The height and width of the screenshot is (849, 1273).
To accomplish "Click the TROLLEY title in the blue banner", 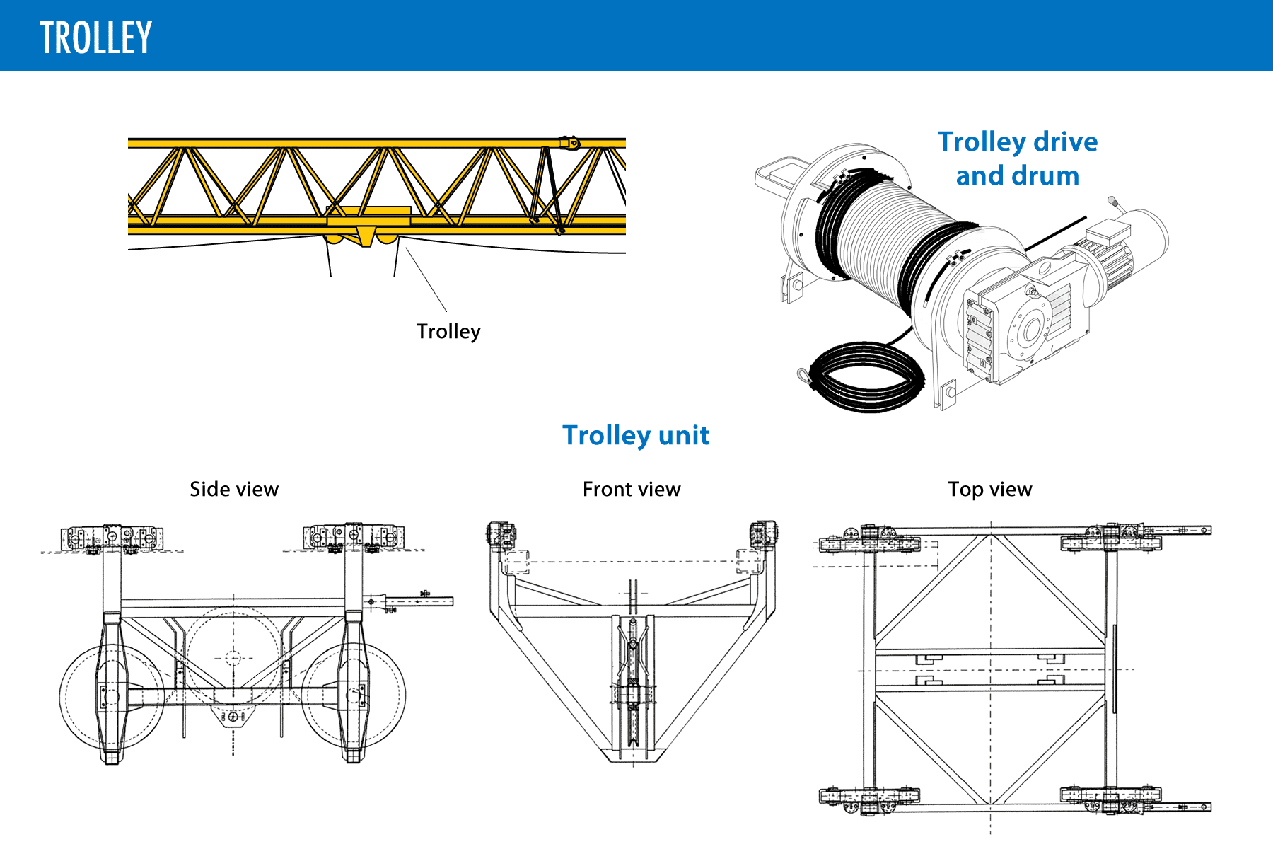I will [x=95, y=37].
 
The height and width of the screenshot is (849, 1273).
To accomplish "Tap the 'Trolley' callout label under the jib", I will [x=448, y=331].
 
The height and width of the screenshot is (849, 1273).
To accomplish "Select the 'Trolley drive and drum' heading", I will [x=1017, y=158].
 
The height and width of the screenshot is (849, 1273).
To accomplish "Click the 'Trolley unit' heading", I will [x=635, y=435].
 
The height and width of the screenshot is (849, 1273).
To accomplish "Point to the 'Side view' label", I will [x=234, y=489].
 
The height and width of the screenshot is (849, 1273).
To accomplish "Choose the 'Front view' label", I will [x=631, y=489].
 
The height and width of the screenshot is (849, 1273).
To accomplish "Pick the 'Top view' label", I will [x=989, y=489].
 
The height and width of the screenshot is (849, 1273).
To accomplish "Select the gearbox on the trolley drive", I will [x=1018, y=325].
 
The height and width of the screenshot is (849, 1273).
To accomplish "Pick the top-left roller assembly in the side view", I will [x=111, y=538].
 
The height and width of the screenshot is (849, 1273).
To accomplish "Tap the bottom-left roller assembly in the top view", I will [x=868, y=797].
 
